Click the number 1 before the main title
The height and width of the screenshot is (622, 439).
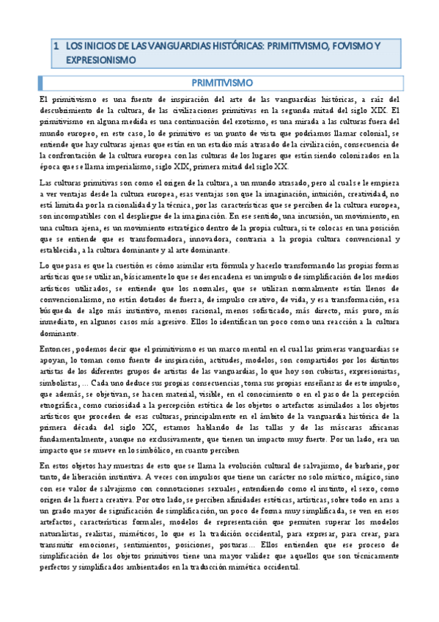point(56,45)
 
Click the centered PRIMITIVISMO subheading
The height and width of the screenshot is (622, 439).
point(218,81)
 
